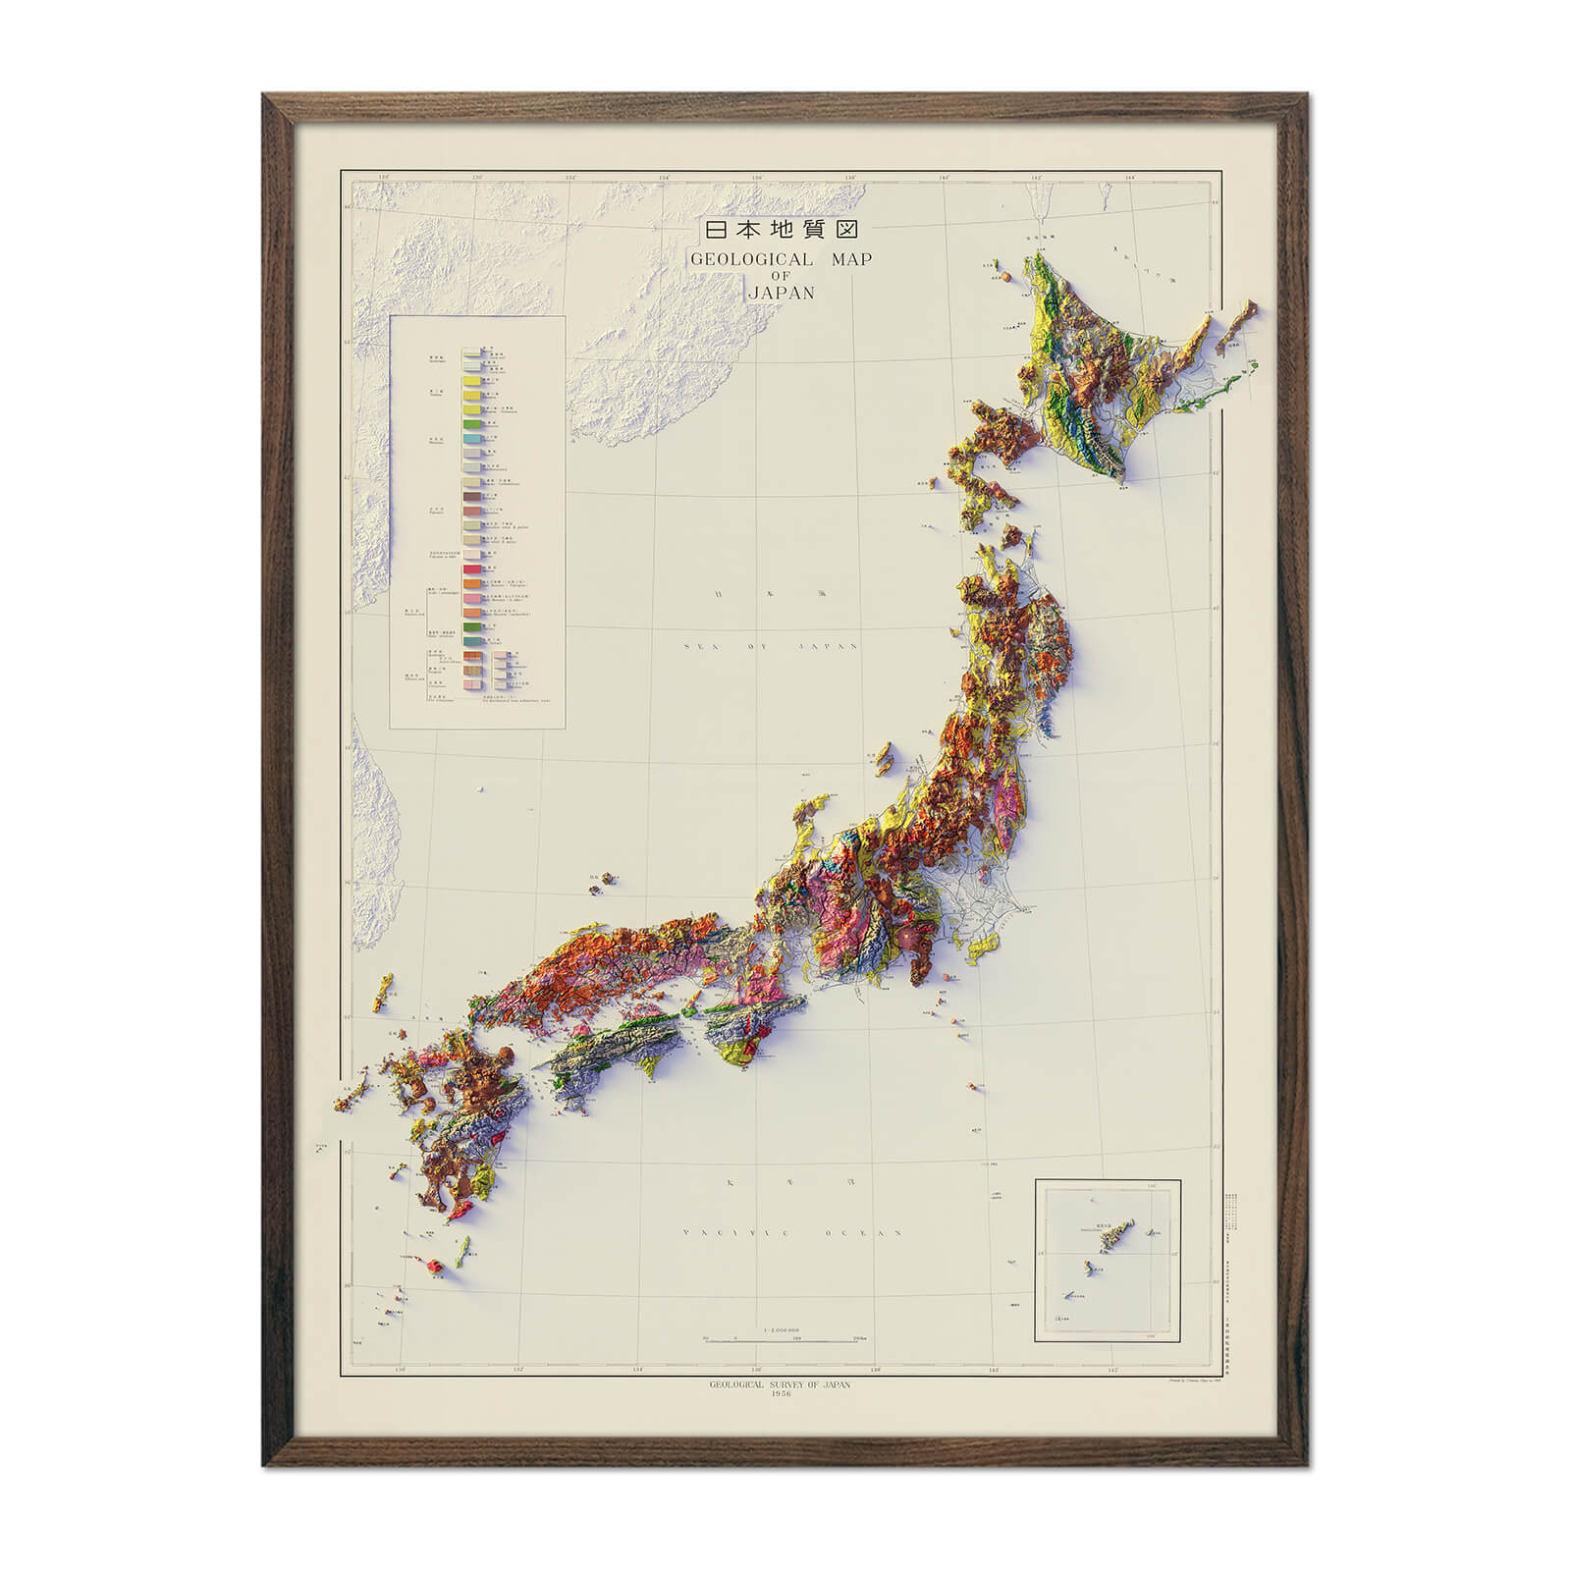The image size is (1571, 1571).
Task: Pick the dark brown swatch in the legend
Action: click(470, 499)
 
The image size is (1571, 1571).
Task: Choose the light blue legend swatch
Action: click(470, 439)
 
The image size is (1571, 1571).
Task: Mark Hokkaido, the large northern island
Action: click(1100, 373)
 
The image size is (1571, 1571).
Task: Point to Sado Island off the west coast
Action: click(883, 757)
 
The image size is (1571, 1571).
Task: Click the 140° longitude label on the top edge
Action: click(944, 178)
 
